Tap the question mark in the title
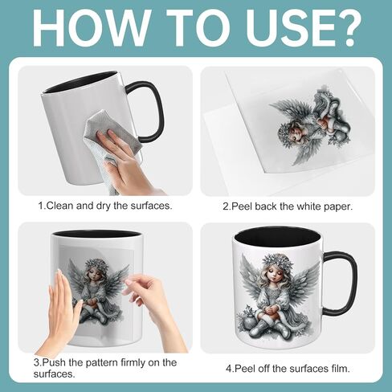345,28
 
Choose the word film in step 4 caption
339,369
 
